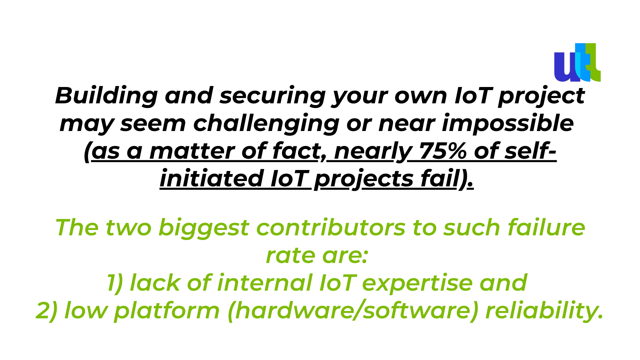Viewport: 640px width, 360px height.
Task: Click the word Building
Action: coord(106,96)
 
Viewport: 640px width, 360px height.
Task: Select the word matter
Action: coord(192,151)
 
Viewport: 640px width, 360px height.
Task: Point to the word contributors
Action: coord(331,228)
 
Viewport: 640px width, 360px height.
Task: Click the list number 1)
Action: coord(115,283)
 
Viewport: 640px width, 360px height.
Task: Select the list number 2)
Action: coord(47,311)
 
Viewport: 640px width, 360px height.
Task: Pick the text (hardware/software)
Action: coord(353,311)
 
